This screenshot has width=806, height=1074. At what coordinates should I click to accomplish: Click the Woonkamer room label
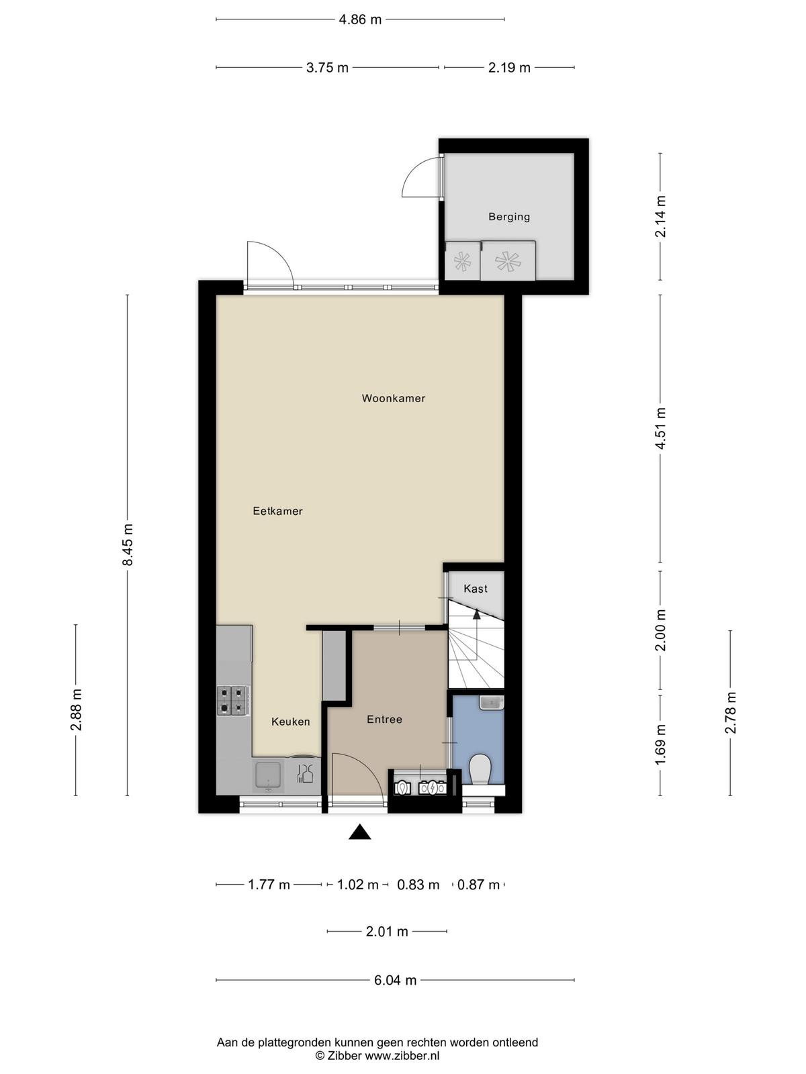click(x=393, y=398)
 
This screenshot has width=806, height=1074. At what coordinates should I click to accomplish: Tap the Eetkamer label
click(x=277, y=511)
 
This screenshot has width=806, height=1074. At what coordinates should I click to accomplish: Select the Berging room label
click(x=509, y=216)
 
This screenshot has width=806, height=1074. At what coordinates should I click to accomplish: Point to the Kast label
click(x=475, y=588)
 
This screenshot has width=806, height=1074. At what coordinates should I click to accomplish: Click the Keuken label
click(x=291, y=721)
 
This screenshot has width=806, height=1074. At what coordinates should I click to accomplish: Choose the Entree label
click(x=384, y=720)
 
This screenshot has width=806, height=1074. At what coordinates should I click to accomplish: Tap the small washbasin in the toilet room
click(x=492, y=703)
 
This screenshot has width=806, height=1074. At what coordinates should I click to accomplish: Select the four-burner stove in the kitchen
click(x=232, y=700)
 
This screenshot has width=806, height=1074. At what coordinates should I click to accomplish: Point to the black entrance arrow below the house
click(x=359, y=832)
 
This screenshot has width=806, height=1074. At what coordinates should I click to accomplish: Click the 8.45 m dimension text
click(x=128, y=544)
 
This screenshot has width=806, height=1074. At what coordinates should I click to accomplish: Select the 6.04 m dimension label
click(x=395, y=980)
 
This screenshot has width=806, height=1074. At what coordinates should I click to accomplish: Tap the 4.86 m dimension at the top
click(x=360, y=20)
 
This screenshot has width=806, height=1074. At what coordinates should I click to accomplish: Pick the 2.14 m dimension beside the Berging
click(x=660, y=215)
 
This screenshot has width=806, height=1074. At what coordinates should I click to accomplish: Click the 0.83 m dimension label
click(x=418, y=885)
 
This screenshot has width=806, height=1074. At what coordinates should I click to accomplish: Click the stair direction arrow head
click(x=476, y=614)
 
